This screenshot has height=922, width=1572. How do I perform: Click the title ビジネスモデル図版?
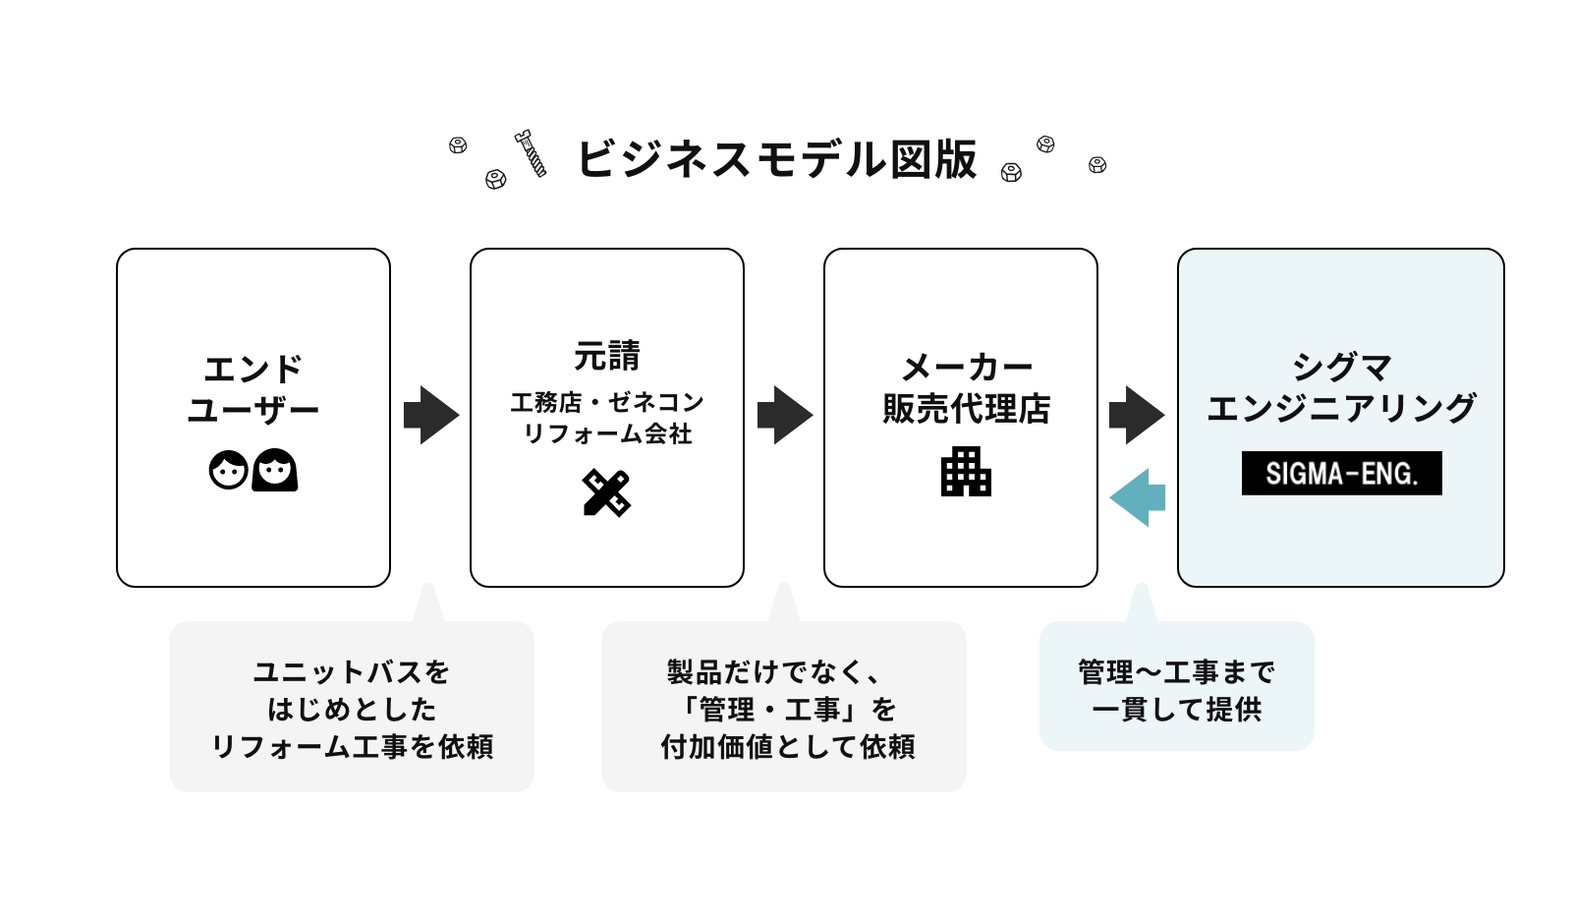[776, 159]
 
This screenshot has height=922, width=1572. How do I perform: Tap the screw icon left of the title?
[531, 153]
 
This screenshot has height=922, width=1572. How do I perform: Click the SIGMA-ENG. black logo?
[1341, 474]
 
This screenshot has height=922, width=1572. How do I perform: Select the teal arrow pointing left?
[1137, 497]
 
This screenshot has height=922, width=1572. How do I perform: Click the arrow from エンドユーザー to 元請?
[430, 415]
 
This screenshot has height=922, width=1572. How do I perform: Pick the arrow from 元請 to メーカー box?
[784, 415]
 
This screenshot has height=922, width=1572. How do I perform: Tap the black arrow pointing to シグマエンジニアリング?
[1136, 415]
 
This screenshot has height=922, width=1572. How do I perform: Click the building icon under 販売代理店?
[966, 472]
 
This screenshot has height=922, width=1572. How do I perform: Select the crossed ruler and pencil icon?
[606, 492]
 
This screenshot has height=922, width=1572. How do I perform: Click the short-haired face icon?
[229, 470]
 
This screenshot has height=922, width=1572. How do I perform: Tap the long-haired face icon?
[275, 470]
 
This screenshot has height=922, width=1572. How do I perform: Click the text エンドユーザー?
[253, 389]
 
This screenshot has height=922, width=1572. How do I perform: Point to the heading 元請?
[606, 356]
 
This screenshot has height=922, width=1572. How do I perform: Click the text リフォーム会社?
[606, 433]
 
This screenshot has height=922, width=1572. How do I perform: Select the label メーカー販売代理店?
[966, 388]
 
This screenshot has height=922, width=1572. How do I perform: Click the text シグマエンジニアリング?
[1341, 387]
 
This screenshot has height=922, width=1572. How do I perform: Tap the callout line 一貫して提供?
[1176, 710]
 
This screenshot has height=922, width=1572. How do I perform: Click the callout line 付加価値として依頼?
[787, 747]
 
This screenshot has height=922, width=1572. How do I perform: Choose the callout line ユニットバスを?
[351, 672]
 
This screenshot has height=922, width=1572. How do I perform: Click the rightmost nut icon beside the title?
[1097, 165]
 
